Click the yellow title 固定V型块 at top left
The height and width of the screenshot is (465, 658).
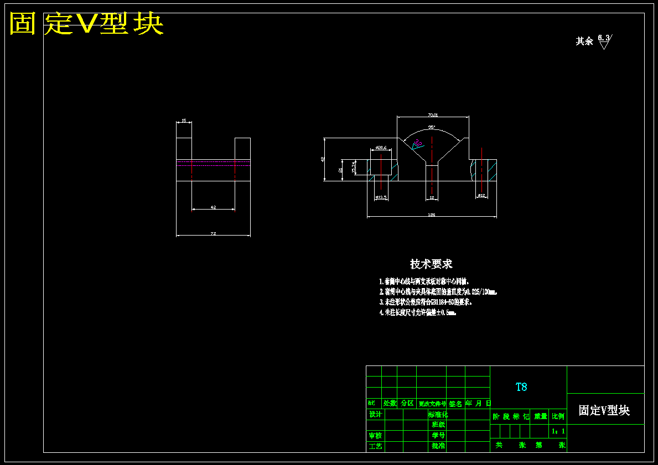(x=86, y=24)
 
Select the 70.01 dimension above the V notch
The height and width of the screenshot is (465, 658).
(x=433, y=115)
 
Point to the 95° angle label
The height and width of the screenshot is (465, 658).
(x=432, y=127)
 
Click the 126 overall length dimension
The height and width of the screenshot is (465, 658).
(x=432, y=215)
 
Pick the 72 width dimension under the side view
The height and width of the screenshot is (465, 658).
(x=213, y=234)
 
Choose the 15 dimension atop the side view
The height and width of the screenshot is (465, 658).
(x=184, y=121)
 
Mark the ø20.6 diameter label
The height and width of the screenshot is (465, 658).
(x=381, y=148)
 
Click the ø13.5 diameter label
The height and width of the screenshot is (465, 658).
(x=381, y=197)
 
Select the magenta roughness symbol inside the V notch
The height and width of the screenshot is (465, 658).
(x=417, y=144)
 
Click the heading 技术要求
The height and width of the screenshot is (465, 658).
(x=431, y=264)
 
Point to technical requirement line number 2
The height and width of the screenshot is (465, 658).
(x=437, y=291)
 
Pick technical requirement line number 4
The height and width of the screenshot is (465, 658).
(x=417, y=312)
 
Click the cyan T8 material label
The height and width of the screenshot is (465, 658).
(x=521, y=387)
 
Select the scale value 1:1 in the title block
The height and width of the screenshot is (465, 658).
(x=558, y=431)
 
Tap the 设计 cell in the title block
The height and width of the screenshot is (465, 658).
(x=375, y=414)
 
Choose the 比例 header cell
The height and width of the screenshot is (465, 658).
(x=558, y=416)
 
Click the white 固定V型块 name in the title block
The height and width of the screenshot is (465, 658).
(x=604, y=410)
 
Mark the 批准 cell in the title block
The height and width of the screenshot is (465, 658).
(x=438, y=446)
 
